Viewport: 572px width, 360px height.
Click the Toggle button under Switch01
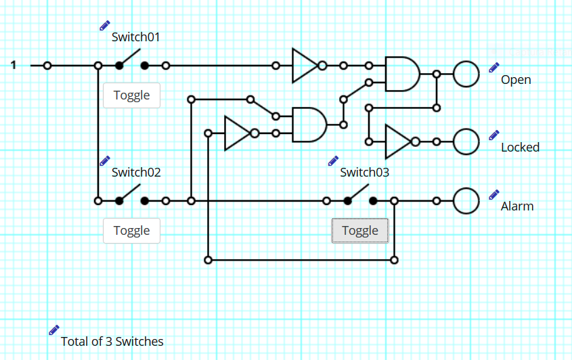click(131, 95)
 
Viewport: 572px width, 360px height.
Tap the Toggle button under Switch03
click(360, 231)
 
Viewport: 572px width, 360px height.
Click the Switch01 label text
click(135, 37)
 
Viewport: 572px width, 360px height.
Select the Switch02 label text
click(136, 172)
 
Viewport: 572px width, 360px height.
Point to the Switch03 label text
click(364, 172)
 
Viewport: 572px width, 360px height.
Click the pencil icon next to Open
click(494, 68)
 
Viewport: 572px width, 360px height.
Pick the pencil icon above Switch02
click(105, 160)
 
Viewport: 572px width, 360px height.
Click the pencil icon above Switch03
click(333, 160)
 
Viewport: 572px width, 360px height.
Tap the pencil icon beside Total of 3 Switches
click(54, 330)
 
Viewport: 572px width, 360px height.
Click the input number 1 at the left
click(14, 65)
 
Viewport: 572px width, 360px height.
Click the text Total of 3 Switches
click(112, 342)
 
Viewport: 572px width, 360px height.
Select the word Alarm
click(517, 206)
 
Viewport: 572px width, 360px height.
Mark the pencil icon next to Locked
click(494, 135)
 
